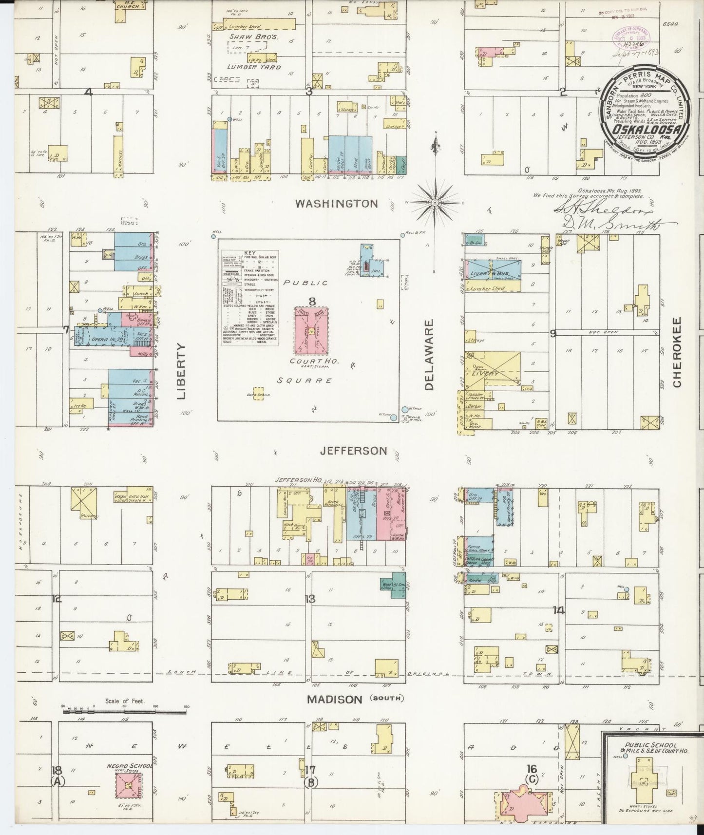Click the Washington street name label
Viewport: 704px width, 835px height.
pyautogui.click(x=336, y=204)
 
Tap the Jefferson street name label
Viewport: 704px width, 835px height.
pyautogui.click(x=354, y=451)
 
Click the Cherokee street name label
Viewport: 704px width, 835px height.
pyautogui.click(x=677, y=353)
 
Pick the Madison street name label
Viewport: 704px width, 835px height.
pyautogui.click(x=334, y=700)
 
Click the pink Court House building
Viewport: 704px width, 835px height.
pyautogui.click(x=312, y=331)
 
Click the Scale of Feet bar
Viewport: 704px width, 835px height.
pyautogui.click(x=124, y=712)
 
